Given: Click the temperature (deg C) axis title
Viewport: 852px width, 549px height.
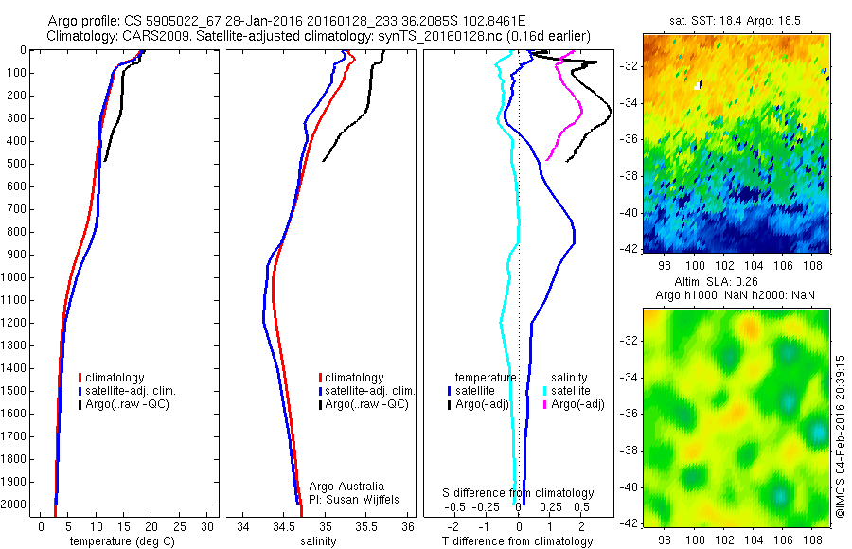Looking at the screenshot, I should [x=120, y=542].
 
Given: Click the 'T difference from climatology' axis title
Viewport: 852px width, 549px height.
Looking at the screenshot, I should [x=519, y=542].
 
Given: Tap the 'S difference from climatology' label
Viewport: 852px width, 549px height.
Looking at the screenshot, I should [x=519, y=493].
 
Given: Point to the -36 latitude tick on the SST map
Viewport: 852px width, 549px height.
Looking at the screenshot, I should [x=630, y=139].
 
